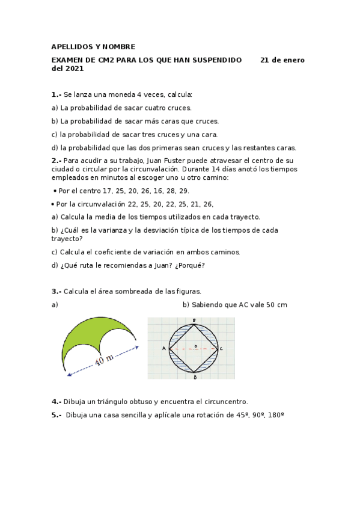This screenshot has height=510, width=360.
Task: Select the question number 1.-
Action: click(56, 94)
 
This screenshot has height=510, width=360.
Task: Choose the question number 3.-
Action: click(56, 291)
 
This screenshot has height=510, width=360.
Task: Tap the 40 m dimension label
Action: click(105, 361)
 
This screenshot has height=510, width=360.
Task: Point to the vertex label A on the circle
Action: click(163, 348)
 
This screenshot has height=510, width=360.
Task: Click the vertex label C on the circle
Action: click(221, 348)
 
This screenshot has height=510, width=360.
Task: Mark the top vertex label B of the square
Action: click(194, 320)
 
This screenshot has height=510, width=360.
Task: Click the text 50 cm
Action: click(276, 304)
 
